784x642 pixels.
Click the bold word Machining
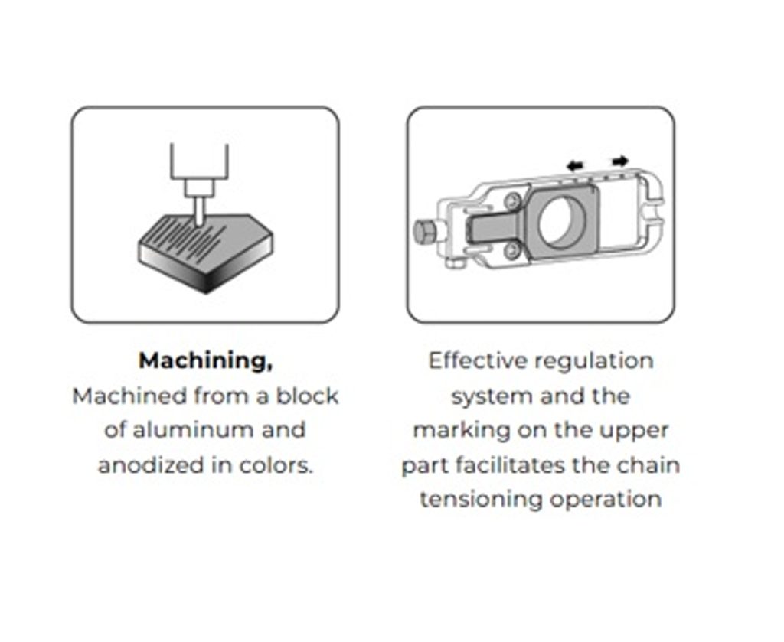coord(205,360)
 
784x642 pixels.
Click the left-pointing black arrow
coord(575,165)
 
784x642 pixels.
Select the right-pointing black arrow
coord(620,161)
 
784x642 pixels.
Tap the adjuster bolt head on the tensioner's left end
coord(425,231)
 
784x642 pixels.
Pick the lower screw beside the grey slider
coord(511,249)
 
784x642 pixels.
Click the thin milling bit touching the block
coord(199,211)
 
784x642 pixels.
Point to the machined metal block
coord(205,253)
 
